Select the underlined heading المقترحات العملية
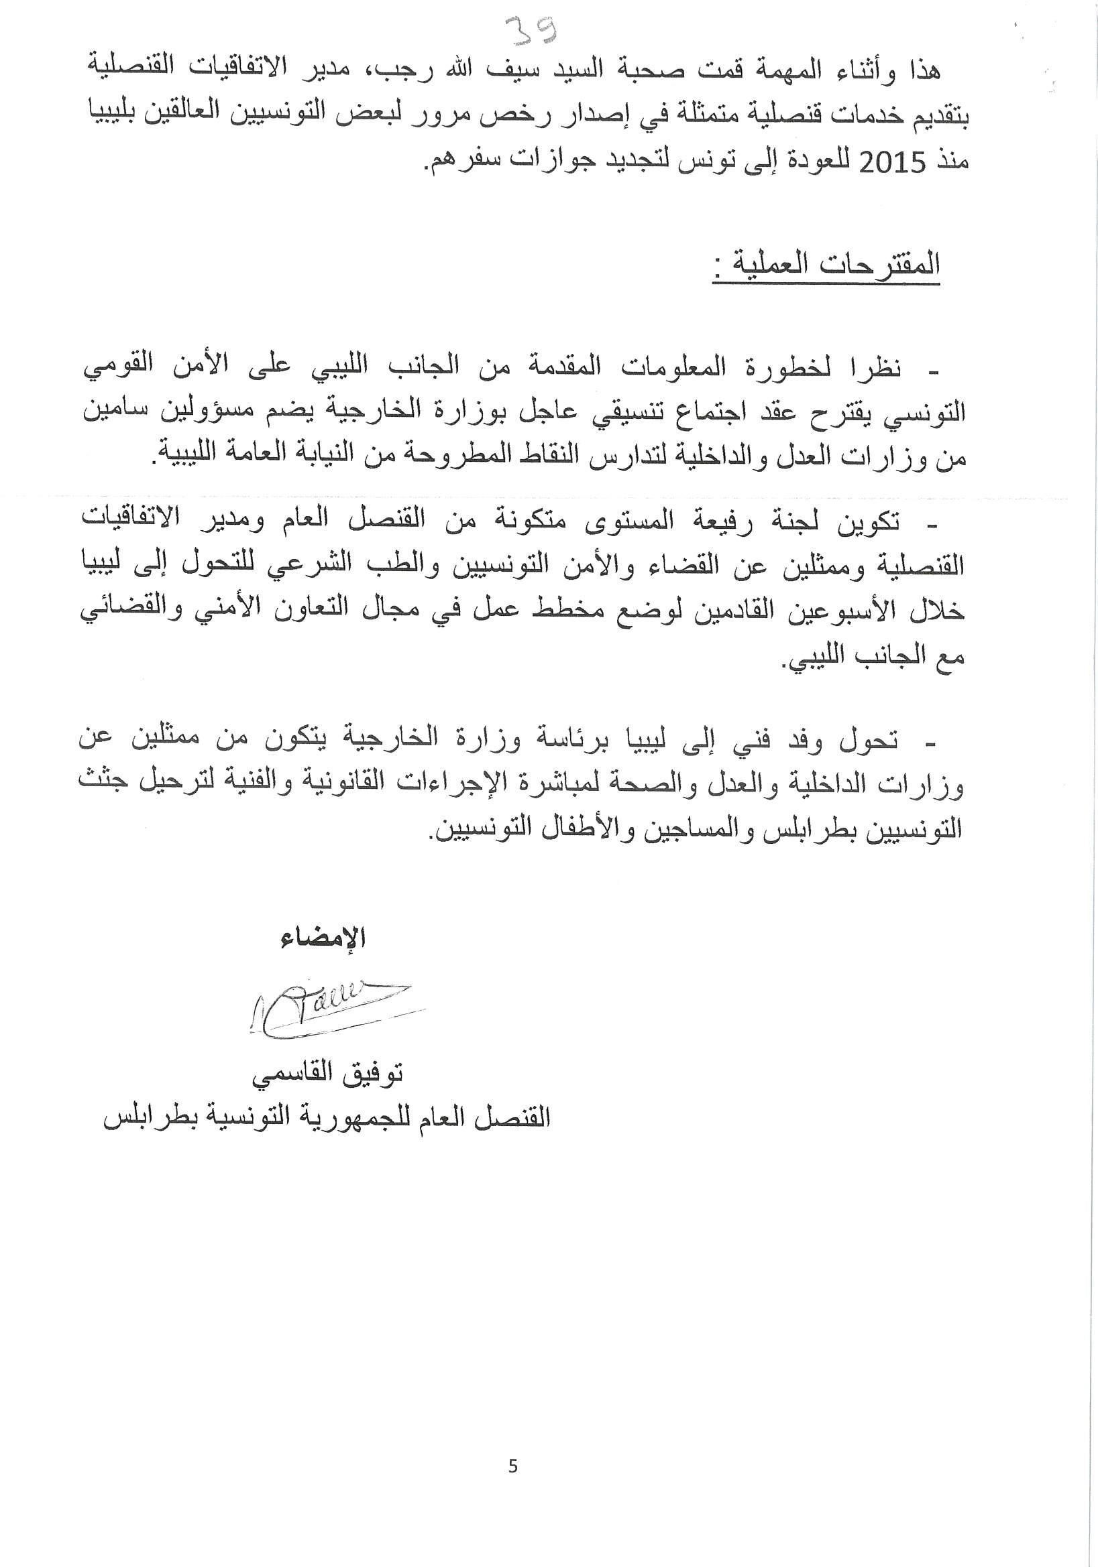pos(826,266)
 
